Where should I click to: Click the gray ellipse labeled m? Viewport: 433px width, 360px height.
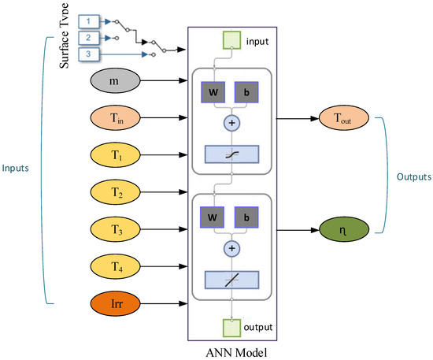(x=116, y=80)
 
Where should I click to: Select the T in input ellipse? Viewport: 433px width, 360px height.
(x=116, y=117)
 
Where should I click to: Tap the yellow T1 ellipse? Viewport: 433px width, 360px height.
(x=116, y=155)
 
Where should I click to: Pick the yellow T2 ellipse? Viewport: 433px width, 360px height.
(x=116, y=192)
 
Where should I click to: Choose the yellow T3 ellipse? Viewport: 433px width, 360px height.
(x=116, y=229)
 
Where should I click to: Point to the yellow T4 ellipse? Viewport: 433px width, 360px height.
(x=116, y=266)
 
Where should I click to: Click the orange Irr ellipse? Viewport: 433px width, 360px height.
(x=116, y=303)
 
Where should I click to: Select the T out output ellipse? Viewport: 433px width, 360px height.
(x=344, y=118)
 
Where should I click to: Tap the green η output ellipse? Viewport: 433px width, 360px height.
(x=344, y=229)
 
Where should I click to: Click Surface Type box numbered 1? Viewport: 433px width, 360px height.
(x=89, y=21)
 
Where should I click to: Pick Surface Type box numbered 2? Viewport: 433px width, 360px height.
(x=89, y=38)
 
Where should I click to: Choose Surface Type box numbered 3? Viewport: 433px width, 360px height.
(x=89, y=54)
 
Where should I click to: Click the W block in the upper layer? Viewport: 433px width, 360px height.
(x=213, y=92)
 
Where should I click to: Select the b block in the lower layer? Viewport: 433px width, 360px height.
(x=246, y=217)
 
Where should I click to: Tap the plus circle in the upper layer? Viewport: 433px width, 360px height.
(x=231, y=123)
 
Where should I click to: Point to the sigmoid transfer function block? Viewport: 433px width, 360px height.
(x=231, y=154)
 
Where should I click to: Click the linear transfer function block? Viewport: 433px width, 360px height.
(x=231, y=280)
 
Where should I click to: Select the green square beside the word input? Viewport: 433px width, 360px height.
(x=231, y=40)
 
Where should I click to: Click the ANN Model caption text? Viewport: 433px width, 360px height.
(x=236, y=353)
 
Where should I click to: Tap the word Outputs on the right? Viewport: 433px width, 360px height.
(x=414, y=176)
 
